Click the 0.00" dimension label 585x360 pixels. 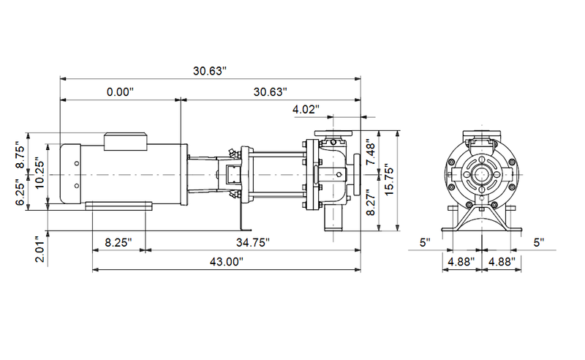(120, 92)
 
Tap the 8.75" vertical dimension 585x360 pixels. (22, 155)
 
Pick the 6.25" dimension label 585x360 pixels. (22, 194)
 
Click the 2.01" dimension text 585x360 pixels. (42, 248)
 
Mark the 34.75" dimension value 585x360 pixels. (252, 242)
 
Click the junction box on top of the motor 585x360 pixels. (127, 140)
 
